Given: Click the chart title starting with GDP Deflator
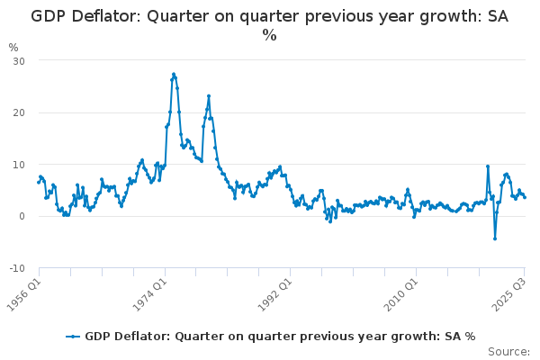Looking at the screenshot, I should pyautogui.click(x=269, y=16).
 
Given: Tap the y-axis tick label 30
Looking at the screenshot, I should pyautogui.click(x=18, y=60).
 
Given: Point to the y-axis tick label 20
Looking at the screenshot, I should pyautogui.click(x=18, y=112).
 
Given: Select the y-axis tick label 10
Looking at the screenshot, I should pyautogui.click(x=18, y=165).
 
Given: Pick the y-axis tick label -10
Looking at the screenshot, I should pyautogui.click(x=16, y=269).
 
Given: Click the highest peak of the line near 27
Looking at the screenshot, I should pyautogui.click(x=174, y=74).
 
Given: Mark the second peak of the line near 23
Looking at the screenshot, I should pyautogui.click(x=209, y=95).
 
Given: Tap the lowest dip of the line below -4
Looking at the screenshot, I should pyautogui.click(x=494, y=238).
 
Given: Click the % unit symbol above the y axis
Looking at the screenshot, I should pyautogui.click(x=13, y=47).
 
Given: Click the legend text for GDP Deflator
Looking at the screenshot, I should pyautogui.click(x=280, y=337).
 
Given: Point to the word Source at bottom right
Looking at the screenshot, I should pyautogui.click(x=509, y=352).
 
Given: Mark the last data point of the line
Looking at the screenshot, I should pyautogui.click(x=525, y=197).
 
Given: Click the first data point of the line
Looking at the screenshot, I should pyautogui.click(x=38, y=183).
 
